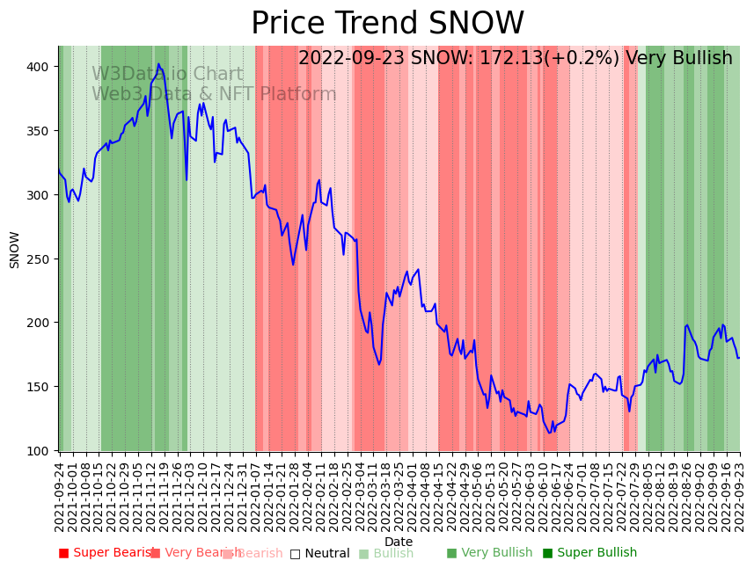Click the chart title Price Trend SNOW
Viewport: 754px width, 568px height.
(387, 24)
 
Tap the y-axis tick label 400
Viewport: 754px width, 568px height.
(40, 67)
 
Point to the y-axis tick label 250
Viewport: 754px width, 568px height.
(40, 259)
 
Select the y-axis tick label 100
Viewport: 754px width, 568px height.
(40, 451)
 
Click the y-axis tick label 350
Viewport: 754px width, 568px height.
(40, 131)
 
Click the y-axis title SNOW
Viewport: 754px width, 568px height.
(15, 249)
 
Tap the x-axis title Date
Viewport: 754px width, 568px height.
(399, 542)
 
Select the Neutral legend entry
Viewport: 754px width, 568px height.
(319, 553)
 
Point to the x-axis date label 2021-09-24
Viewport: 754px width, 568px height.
(59, 493)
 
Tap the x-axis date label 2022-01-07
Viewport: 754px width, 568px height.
(255, 493)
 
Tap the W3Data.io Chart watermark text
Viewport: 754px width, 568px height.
(167, 74)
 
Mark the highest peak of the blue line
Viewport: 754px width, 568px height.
(158, 64)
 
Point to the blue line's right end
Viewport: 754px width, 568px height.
(739, 358)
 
